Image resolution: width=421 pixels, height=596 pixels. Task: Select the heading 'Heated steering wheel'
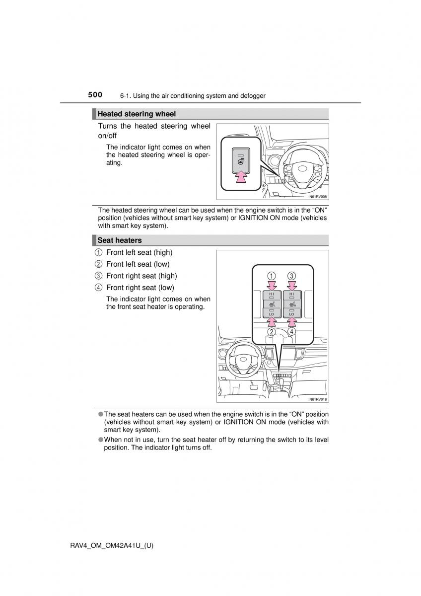tap(137, 114)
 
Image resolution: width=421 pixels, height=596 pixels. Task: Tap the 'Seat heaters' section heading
tap(120, 240)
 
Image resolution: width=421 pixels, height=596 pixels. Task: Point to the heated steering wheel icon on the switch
tap(241, 161)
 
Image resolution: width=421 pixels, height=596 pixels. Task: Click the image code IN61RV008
tap(317, 197)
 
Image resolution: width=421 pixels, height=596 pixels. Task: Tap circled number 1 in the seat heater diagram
tap(272, 276)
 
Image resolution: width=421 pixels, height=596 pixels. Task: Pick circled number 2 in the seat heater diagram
tap(272, 331)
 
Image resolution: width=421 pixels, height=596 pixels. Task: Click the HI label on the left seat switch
tap(272, 294)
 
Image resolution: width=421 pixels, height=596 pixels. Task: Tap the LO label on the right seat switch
tap(291, 314)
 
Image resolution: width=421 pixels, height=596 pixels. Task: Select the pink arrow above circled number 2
tap(272, 322)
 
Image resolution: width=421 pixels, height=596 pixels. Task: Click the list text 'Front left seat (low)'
tap(138, 264)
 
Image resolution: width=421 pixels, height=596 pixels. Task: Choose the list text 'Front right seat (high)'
tap(141, 276)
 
